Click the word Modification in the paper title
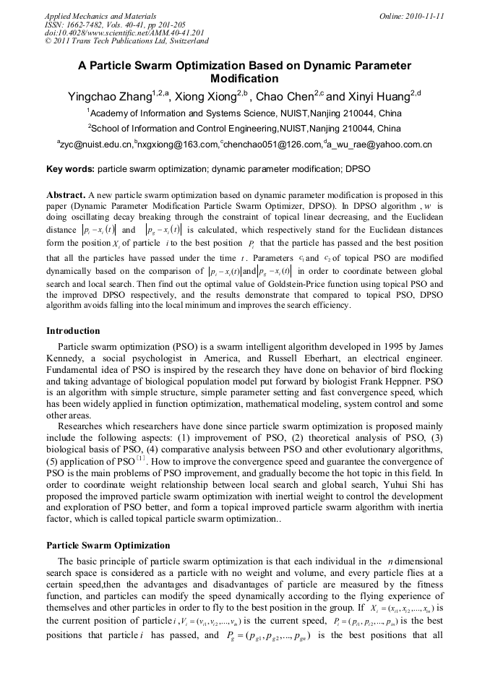pos(244,79)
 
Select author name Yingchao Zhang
pos(110,97)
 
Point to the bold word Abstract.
pos(66,195)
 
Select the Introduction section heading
pos(73,331)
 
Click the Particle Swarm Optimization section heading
pos(108,546)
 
